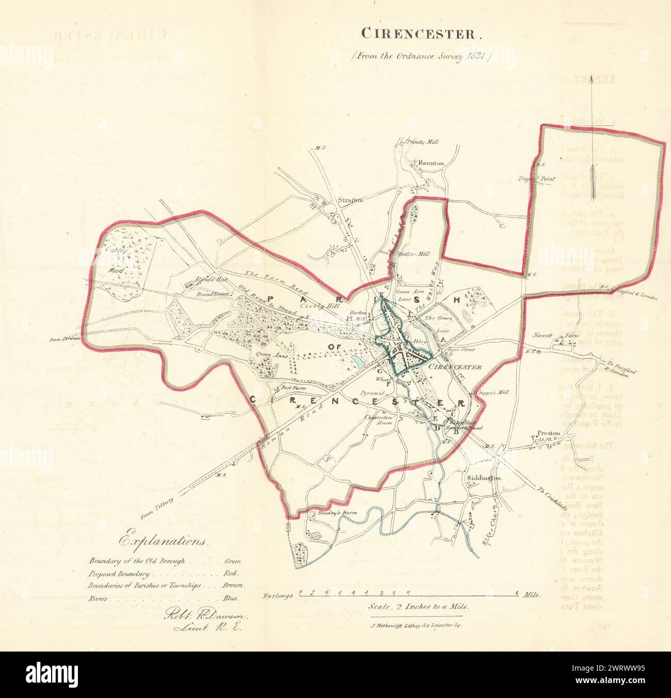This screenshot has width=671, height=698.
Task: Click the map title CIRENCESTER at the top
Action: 421,34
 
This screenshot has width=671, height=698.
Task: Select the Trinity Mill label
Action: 421,141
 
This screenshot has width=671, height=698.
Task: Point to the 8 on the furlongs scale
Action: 299,593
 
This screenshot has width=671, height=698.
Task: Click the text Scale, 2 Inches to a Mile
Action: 419,607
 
